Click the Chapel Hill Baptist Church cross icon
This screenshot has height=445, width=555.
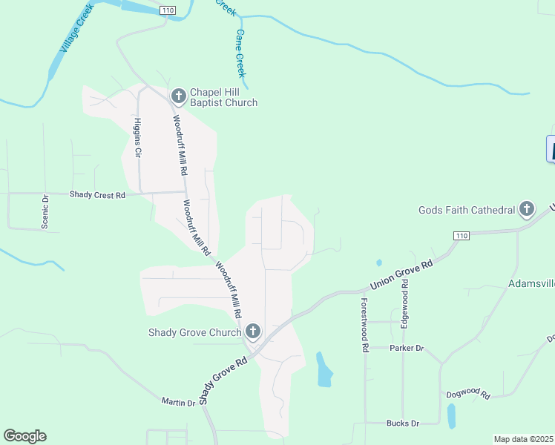178,96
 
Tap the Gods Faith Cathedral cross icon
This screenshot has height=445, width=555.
527,210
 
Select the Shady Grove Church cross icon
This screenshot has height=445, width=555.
252,332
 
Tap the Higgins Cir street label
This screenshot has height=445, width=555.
137,138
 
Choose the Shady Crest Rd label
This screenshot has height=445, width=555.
98,195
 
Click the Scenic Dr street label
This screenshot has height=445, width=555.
45,211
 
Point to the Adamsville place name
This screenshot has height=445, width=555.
531,283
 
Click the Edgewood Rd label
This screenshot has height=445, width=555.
405,311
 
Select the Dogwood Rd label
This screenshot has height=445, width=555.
468,395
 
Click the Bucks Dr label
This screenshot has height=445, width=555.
402,423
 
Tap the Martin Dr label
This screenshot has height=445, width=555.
178,401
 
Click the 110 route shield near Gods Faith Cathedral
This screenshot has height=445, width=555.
462,235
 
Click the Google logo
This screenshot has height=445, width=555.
24,436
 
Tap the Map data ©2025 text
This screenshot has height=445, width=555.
523,439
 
